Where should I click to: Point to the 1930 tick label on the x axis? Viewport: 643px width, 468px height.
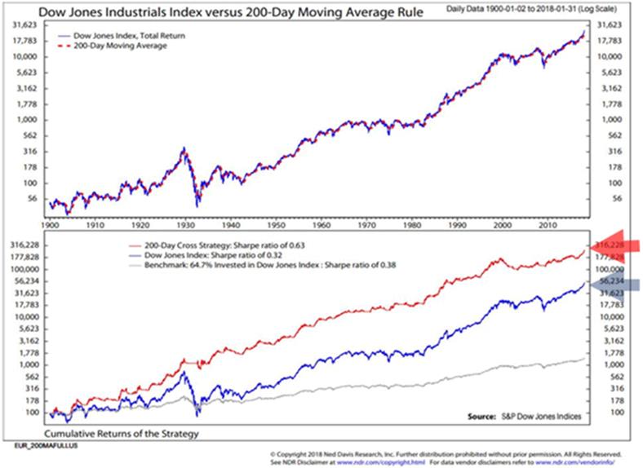click(189, 223)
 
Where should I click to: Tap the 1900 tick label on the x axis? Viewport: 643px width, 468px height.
click(51, 223)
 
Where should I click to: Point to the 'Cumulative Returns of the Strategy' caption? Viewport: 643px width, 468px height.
click(122, 433)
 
